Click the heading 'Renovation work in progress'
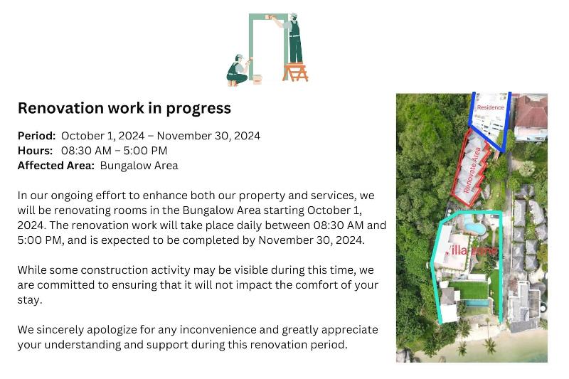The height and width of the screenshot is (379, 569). (124, 108)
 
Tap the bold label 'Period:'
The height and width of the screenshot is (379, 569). (37, 136)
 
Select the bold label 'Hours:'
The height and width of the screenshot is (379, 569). (35, 151)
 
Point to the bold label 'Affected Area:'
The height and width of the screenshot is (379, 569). (56, 166)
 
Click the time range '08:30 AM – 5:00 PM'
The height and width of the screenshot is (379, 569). (114, 151)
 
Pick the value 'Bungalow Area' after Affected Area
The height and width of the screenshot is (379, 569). (139, 166)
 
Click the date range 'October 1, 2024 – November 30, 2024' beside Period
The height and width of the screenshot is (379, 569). (161, 136)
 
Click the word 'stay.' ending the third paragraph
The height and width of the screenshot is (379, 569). (30, 300)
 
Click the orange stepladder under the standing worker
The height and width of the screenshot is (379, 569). (295, 72)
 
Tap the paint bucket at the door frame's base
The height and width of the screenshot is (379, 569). (257, 80)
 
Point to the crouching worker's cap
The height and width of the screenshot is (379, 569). (238, 57)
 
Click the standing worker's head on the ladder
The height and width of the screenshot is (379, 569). (293, 16)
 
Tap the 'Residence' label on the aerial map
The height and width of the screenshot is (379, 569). (491, 107)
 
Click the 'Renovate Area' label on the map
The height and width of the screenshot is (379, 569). (472, 170)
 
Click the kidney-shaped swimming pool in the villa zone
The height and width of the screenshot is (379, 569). (474, 228)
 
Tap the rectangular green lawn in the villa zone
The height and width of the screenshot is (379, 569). (469, 291)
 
